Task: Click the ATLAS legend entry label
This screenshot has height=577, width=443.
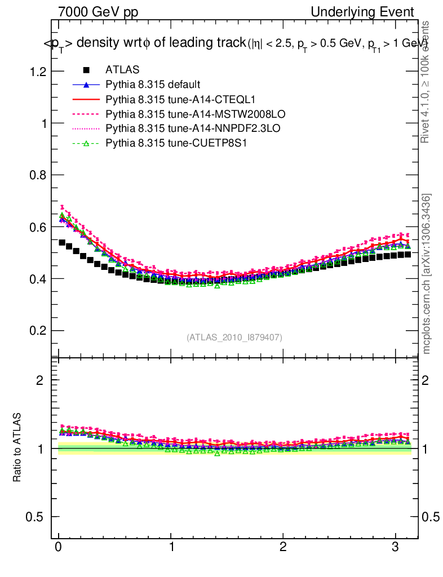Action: tap(122, 70)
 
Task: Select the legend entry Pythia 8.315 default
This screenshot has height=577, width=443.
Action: tap(152, 85)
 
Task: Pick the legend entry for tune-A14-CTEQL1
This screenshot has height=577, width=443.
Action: tap(169, 99)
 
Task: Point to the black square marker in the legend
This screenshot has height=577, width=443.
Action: tap(86, 70)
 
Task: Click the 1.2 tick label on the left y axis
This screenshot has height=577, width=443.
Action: tap(38, 72)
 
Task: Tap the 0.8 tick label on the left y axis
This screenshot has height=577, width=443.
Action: tap(38, 175)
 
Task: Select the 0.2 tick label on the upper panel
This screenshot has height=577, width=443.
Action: tap(38, 331)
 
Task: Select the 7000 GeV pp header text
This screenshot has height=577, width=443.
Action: tap(98, 12)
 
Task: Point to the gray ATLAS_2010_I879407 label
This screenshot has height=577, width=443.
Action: tap(234, 337)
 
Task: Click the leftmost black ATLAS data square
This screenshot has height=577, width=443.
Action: tap(62, 242)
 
